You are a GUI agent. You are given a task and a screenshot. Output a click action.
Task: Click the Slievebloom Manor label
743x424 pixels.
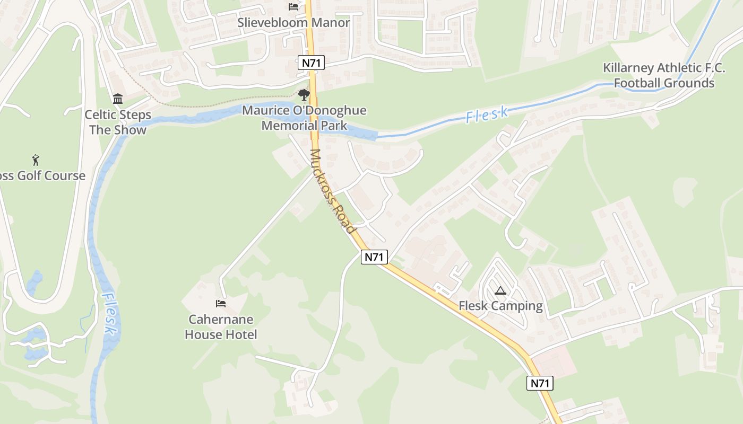(x=293, y=23)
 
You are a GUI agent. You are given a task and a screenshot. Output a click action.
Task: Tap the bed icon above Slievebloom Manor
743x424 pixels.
(x=293, y=6)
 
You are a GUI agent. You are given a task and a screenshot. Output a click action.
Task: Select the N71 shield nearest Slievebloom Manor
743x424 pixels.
(x=311, y=63)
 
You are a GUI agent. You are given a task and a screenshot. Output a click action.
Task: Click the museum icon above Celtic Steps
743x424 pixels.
(x=118, y=99)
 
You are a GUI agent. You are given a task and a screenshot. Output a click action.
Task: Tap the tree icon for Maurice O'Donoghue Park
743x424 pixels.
(x=304, y=95)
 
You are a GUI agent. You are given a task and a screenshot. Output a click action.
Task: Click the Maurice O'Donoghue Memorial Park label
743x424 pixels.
(x=304, y=118)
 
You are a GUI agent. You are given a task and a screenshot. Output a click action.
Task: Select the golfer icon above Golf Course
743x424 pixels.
(x=36, y=160)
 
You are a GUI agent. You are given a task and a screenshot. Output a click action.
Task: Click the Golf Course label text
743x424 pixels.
(x=42, y=176)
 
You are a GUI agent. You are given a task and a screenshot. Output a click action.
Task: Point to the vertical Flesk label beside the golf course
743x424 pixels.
(x=109, y=313)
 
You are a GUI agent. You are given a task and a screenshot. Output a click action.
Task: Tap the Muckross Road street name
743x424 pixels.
(x=332, y=191)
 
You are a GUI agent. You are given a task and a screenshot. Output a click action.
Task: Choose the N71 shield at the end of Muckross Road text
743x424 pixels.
(x=375, y=257)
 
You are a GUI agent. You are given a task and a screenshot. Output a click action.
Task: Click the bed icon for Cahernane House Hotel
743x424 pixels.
(x=221, y=304)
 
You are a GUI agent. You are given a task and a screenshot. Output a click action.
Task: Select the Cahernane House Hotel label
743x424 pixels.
(x=221, y=327)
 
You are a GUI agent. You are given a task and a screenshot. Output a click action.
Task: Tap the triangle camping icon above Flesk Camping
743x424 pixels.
(x=500, y=291)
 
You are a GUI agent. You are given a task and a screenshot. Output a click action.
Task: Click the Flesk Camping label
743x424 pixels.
(x=500, y=306)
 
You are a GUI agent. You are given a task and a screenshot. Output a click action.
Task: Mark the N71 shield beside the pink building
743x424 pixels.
(x=540, y=383)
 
